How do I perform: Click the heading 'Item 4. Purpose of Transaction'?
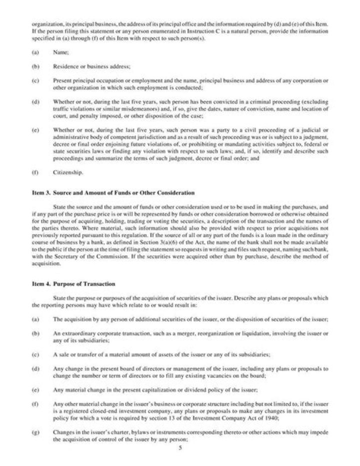(x=73, y=284)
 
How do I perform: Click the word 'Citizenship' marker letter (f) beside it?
(x=35, y=173)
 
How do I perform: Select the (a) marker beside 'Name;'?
(x=35, y=51)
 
